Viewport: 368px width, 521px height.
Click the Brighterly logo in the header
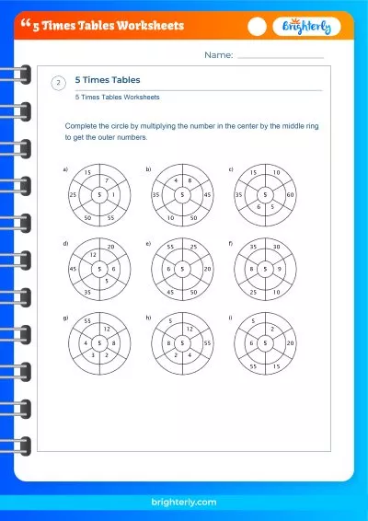pos(306,27)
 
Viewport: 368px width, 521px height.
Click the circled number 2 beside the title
pos(59,84)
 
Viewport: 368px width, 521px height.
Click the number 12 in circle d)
pos(93,253)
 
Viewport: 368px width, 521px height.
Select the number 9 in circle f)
pos(277,269)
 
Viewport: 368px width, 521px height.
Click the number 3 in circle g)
pos(93,354)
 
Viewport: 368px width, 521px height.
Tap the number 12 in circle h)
pos(190,328)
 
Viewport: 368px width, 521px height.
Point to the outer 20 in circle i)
pos(291,342)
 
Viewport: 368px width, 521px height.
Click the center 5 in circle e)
pos(182,269)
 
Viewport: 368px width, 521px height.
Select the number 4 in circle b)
pos(176,181)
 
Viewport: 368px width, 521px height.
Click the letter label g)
pos(65,317)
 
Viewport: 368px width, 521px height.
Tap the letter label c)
pos(230,169)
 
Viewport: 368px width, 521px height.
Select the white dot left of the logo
pos(259,27)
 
